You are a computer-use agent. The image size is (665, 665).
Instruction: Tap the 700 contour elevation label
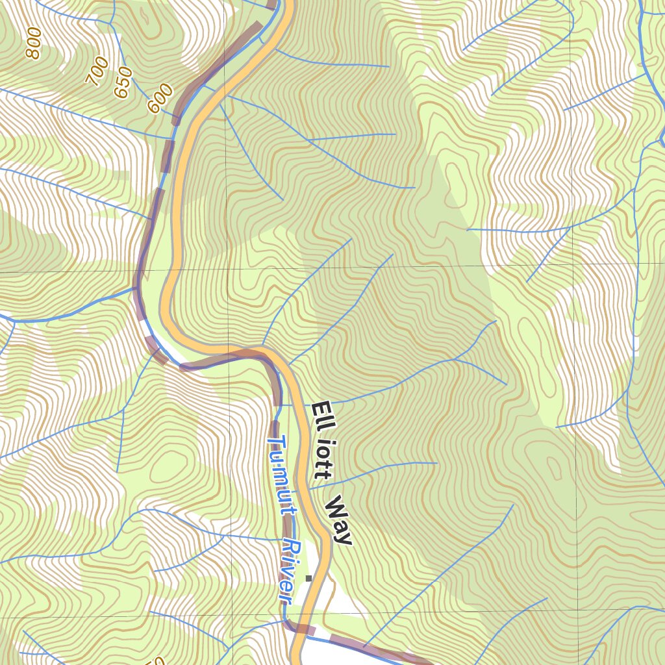(x=97, y=71)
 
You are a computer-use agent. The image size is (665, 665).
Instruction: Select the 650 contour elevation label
(x=123, y=82)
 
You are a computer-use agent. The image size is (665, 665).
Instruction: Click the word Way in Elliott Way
(x=338, y=520)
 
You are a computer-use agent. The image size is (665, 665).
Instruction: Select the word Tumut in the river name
(x=280, y=474)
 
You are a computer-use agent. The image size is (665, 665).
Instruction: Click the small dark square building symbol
(x=309, y=578)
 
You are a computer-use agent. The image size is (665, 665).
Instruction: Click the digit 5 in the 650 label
(x=123, y=82)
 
